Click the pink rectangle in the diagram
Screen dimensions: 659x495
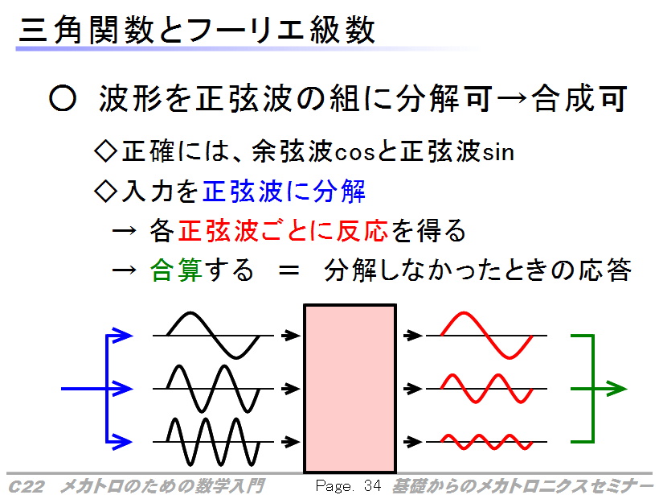(x=350, y=388)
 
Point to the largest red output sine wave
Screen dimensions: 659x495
(x=487, y=336)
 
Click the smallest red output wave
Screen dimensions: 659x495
(x=487, y=442)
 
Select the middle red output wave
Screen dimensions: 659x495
(x=487, y=389)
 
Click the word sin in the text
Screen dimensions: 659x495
(x=498, y=151)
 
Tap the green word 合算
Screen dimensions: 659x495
(x=176, y=270)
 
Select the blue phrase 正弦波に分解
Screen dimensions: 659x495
(x=284, y=191)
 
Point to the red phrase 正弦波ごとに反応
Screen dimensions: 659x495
(x=283, y=231)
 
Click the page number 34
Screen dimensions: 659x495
(x=372, y=485)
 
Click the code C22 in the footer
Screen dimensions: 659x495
(x=26, y=487)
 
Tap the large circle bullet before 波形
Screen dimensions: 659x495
(x=63, y=98)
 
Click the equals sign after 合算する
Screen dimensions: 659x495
(x=289, y=270)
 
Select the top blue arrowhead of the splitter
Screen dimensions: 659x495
(x=122, y=336)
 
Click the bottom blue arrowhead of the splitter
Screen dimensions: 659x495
(x=122, y=442)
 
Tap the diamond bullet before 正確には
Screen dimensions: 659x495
(x=105, y=151)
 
